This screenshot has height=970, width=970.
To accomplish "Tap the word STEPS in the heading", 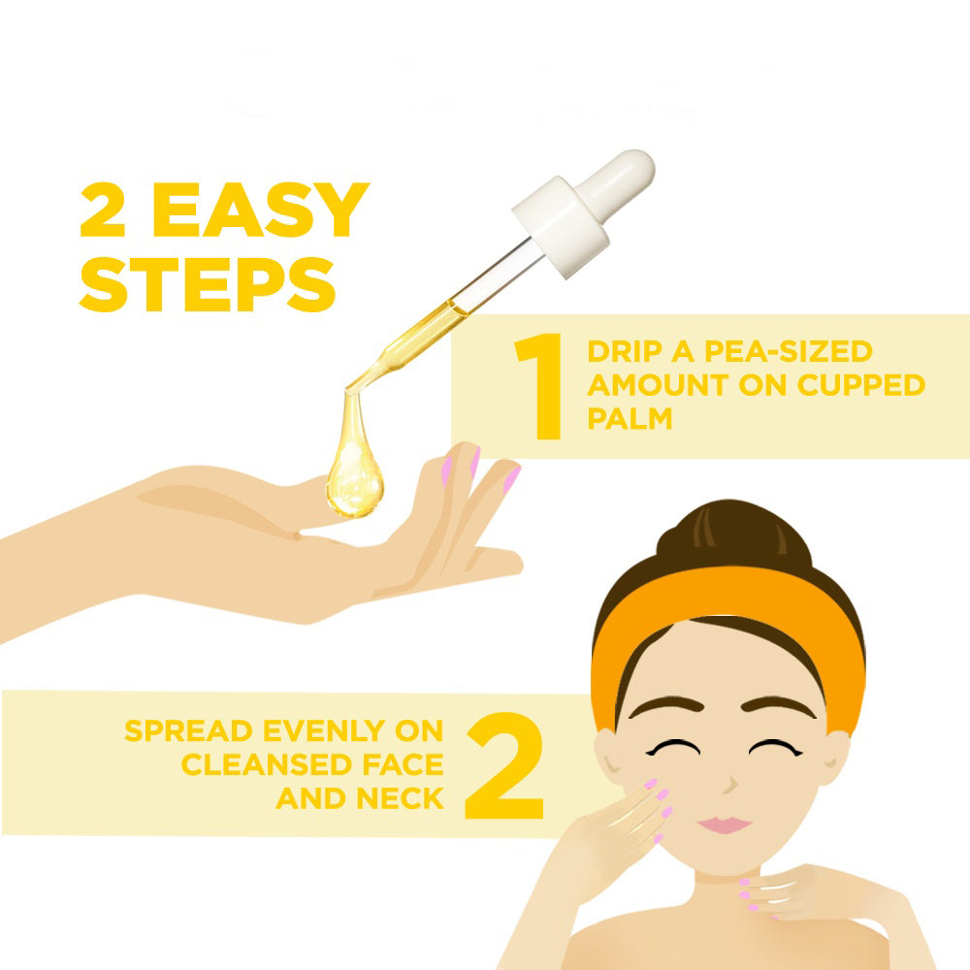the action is click(x=208, y=284).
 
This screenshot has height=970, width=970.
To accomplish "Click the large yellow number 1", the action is click(x=538, y=386).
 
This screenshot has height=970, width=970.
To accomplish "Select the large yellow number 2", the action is click(x=504, y=766).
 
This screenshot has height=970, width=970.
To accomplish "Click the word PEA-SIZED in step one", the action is click(x=788, y=351).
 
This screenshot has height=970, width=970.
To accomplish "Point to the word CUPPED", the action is click(x=861, y=385).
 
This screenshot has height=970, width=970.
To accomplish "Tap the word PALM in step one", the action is click(x=630, y=418).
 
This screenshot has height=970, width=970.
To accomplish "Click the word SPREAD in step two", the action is click(x=189, y=730).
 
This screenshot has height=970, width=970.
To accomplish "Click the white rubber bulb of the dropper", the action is click(x=616, y=179).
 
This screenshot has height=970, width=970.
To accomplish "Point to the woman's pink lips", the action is click(x=725, y=824).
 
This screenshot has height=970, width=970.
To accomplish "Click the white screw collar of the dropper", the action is click(x=562, y=226).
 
